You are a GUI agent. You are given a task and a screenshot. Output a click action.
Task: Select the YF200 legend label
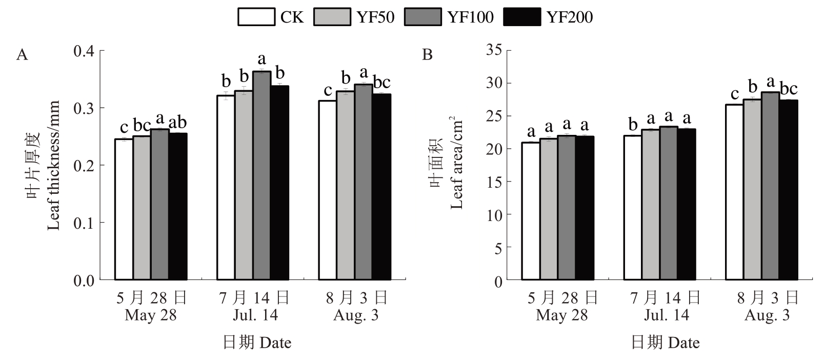[569, 17]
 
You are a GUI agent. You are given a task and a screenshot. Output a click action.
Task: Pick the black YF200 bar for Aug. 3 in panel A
[381, 187]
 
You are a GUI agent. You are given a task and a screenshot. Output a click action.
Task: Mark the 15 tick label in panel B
[495, 182]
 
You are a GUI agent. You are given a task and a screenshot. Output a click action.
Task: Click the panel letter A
[22, 54]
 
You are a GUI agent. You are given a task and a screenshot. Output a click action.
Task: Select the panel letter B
[427, 54]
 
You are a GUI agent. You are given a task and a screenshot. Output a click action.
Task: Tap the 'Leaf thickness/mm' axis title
[53, 165]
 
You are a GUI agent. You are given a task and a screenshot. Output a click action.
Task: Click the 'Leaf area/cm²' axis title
[456, 163]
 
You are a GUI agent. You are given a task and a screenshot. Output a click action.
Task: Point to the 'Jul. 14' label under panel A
[255, 314]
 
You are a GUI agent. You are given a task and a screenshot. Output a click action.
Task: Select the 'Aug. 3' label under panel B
[767, 314]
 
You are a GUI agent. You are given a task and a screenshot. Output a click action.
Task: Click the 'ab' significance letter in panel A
[177, 123]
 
